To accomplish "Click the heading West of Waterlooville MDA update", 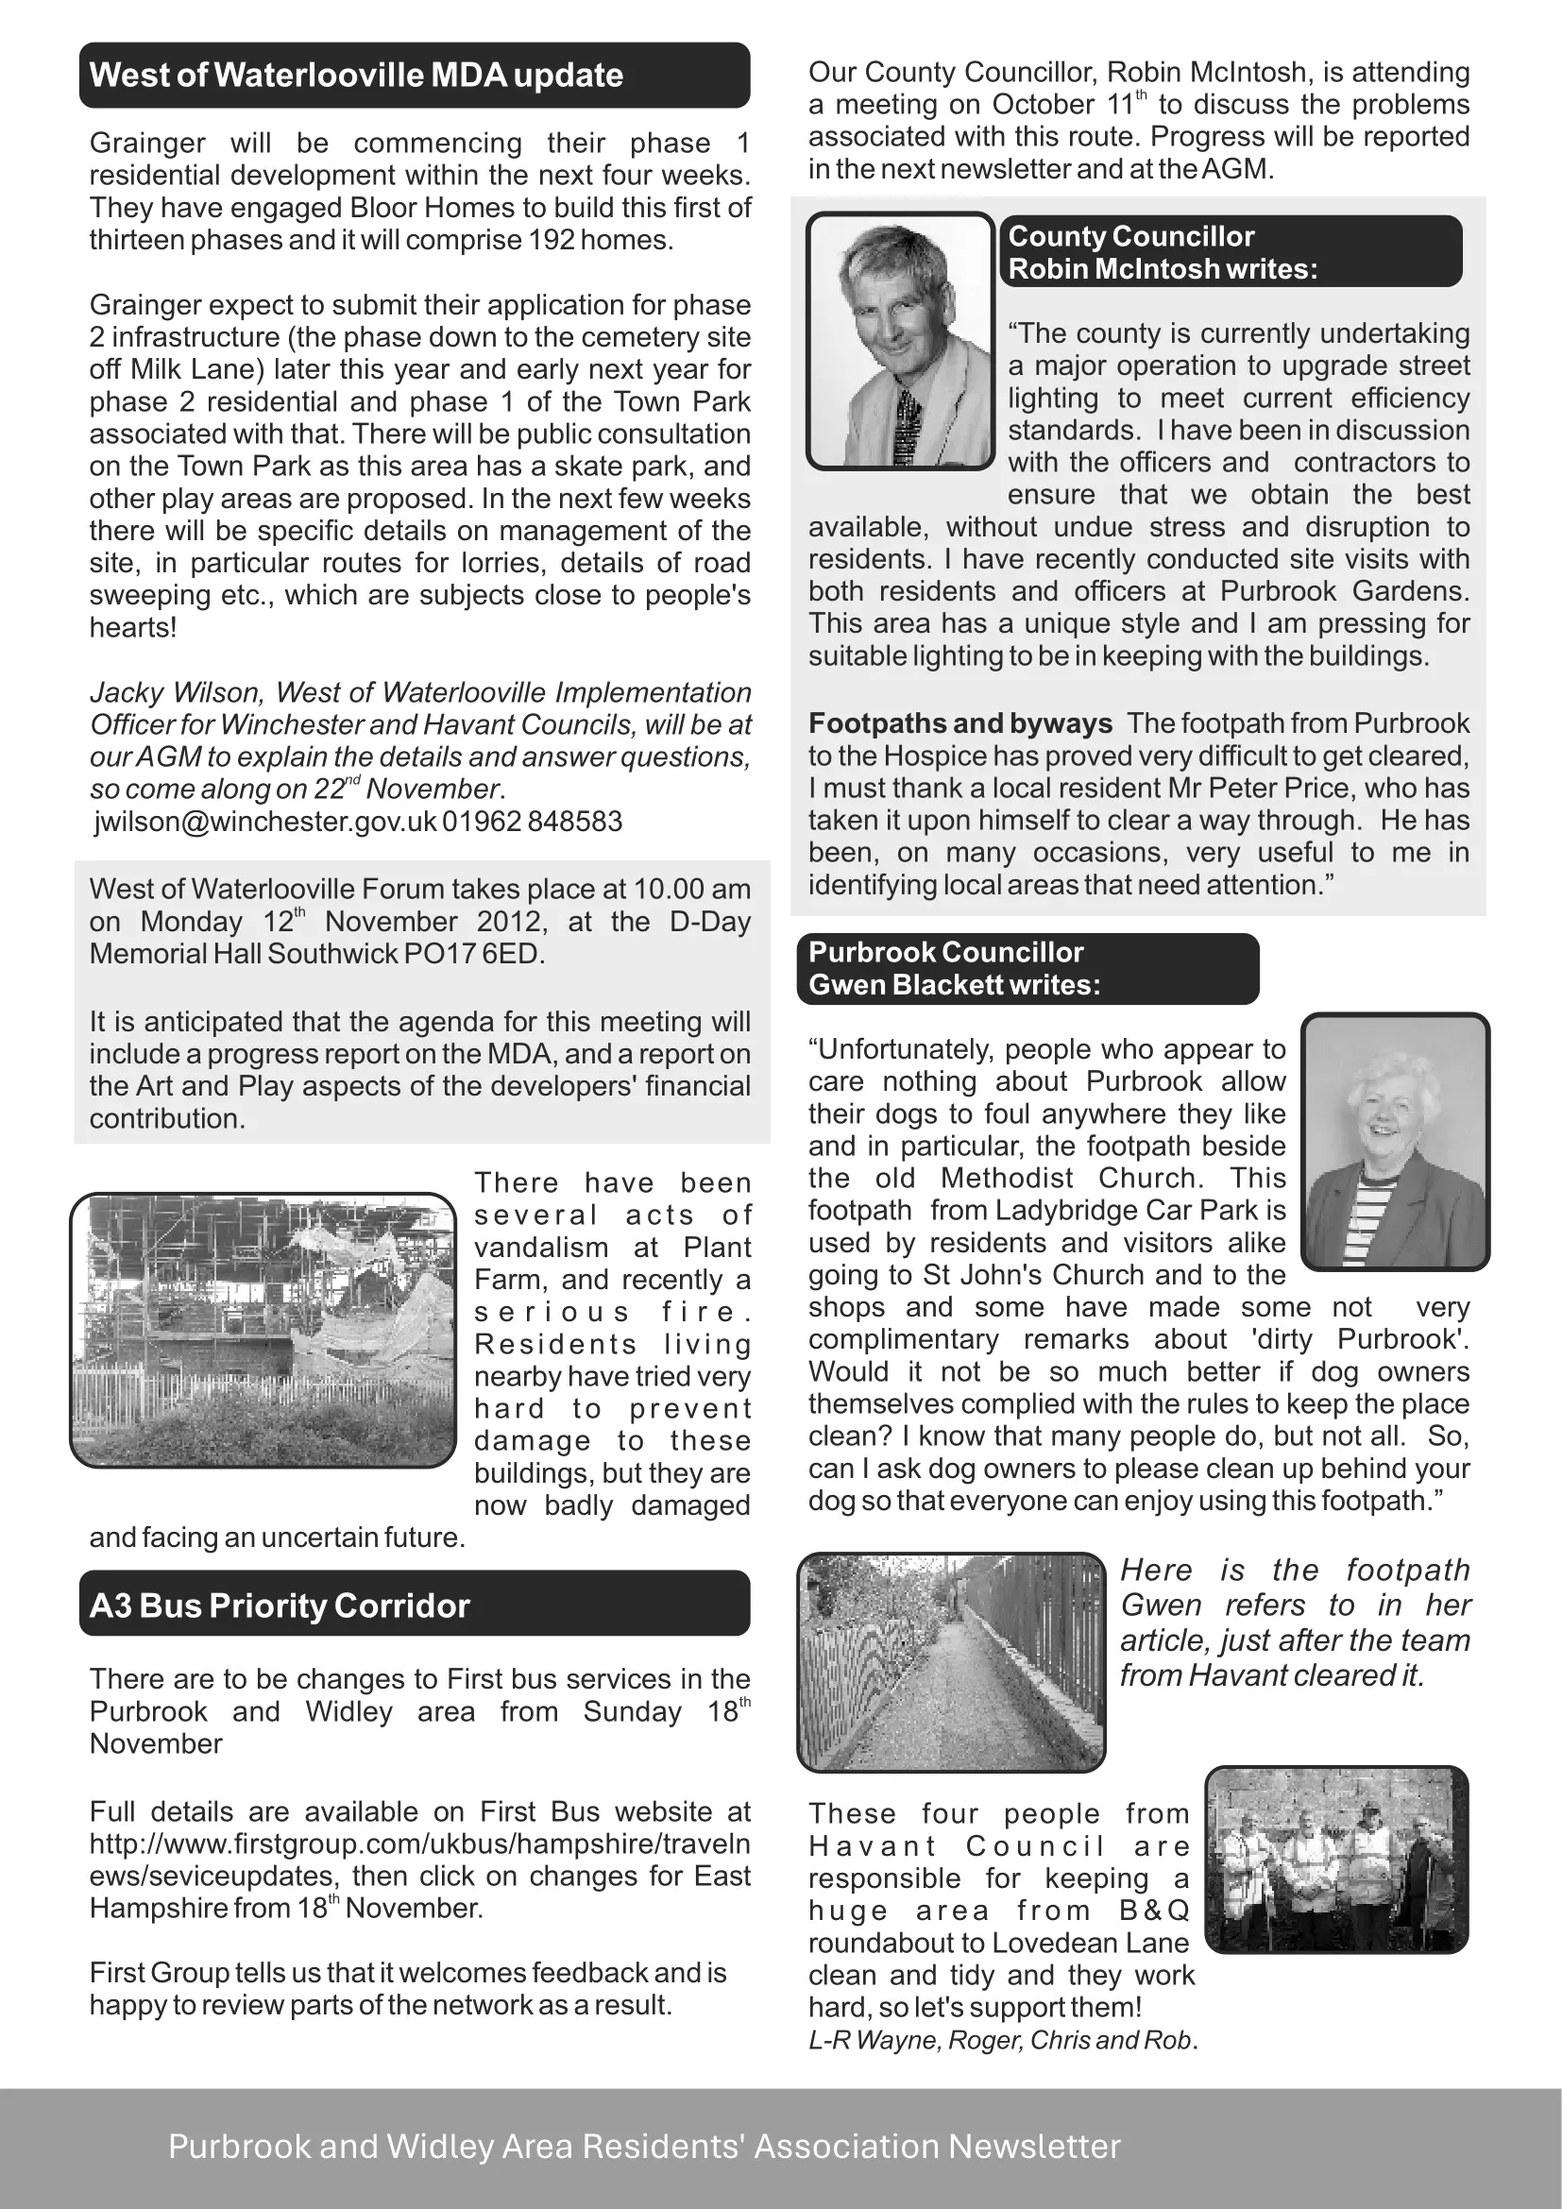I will coord(356,75).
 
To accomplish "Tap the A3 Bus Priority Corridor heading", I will coord(280,1606).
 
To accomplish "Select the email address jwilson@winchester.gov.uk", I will coord(265,822).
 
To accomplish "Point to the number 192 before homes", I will coord(552,240).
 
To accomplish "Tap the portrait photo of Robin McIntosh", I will coord(900,342).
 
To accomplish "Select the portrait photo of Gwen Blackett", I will coord(1395,1141).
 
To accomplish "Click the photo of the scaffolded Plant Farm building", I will coord(263,1330).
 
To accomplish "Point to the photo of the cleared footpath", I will coord(951,1662).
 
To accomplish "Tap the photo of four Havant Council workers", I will coord(1336,1860).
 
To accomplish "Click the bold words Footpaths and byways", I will coord(959,723).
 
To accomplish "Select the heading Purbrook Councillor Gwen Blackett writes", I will coord(1027,969).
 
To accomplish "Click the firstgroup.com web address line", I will coord(419,1844).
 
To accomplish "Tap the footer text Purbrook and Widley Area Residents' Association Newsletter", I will coord(644,2147).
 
